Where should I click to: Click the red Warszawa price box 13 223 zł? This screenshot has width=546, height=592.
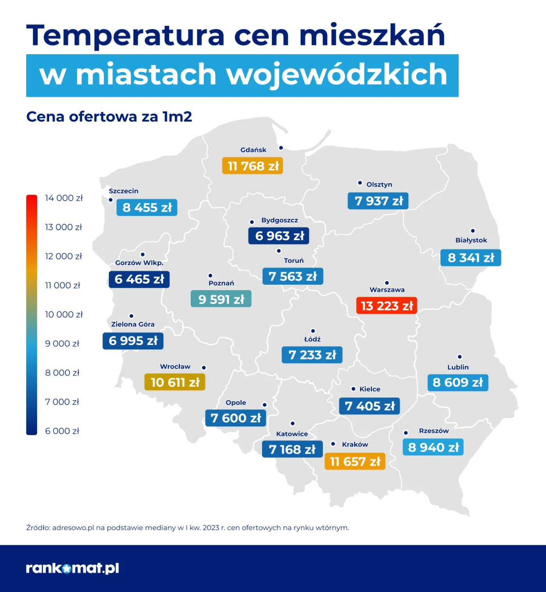(x=386, y=306)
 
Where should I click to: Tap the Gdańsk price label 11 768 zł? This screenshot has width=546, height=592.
(x=252, y=166)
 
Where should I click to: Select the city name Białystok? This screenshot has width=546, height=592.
(x=471, y=240)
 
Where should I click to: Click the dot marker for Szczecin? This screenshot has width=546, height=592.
(x=111, y=200)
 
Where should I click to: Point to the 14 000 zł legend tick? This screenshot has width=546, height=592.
(x=64, y=198)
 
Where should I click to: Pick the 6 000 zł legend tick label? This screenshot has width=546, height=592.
(x=62, y=431)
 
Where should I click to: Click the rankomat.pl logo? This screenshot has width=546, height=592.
(x=73, y=568)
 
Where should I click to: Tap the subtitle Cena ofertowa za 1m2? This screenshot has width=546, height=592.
(x=109, y=117)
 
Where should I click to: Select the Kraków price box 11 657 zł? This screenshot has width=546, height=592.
(x=355, y=461)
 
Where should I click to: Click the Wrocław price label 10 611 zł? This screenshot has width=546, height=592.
(x=175, y=382)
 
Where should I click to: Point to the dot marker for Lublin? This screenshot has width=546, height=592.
(x=460, y=357)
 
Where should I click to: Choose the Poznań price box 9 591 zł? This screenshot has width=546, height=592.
(x=221, y=299)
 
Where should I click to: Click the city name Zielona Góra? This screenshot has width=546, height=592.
(x=133, y=324)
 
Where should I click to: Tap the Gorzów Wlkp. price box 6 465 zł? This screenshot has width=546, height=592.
(x=139, y=279)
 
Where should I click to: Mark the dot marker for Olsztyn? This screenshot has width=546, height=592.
(x=360, y=183)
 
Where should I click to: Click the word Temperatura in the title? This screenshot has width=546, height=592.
(x=125, y=35)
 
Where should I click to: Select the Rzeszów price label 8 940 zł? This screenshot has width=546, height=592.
(x=433, y=447)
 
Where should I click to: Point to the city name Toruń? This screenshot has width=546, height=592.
(x=294, y=261)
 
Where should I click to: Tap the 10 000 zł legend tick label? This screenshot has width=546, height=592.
(x=64, y=314)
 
